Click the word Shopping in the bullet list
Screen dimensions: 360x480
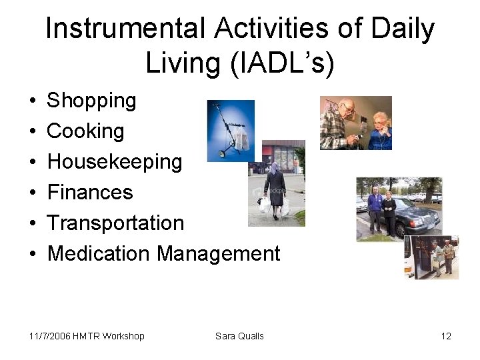pyautogui.click(x=91, y=101)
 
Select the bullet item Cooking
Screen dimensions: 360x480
pyautogui.click(x=85, y=131)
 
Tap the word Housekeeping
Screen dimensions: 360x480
pyautogui.click(x=115, y=162)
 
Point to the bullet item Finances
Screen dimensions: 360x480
pyautogui.click(x=90, y=193)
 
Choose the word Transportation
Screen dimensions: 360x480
pyautogui.click(x=115, y=223)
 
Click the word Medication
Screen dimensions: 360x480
pyautogui.click(x=99, y=253)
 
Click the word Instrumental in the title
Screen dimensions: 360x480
pyautogui.click(x=126, y=29)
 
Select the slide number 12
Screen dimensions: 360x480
pyautogui.click(x=446, y=336)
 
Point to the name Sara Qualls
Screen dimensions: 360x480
pyautogui.click(x=239, y=336)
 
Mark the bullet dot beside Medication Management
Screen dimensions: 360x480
pyautogui.click(x=33, y=255)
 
